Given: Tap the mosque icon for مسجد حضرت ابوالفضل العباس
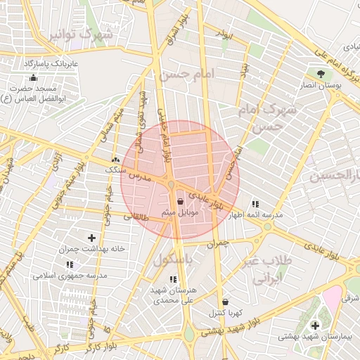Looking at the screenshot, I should [32, 77].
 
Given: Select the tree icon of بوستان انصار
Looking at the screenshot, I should [321, 73].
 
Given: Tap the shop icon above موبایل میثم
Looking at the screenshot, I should [181, 201].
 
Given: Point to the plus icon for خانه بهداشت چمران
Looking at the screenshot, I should [91, 238].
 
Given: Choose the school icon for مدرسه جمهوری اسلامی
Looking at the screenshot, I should [70, 264].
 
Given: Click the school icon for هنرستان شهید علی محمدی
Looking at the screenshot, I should [173, 279].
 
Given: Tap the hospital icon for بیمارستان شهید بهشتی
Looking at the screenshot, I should [314, 326].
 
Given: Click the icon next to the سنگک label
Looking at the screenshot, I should [115, 160].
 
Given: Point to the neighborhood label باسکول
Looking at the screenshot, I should [174, 261].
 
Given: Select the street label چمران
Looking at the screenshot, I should [219, 243].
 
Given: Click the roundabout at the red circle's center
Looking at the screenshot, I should [171, 185].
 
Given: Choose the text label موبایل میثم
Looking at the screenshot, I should [185, 212].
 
